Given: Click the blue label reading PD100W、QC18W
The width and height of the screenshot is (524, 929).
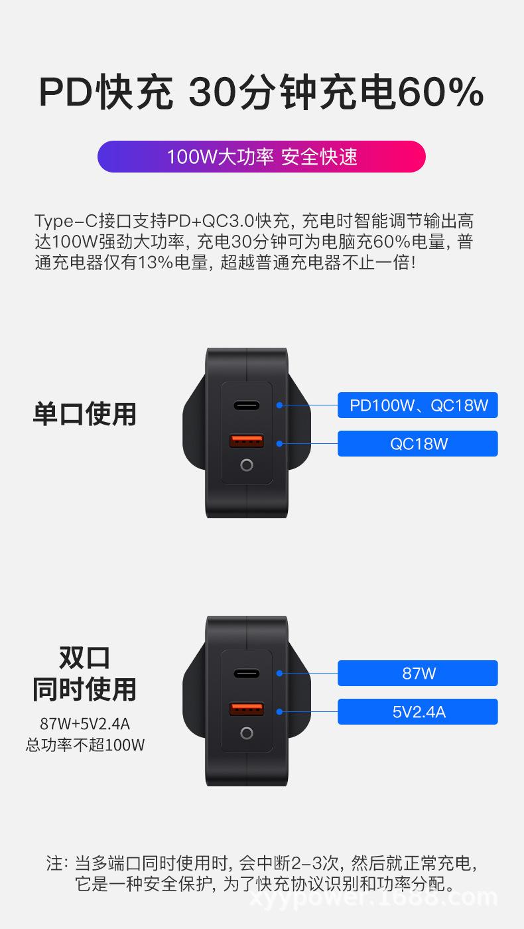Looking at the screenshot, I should pos(418,405).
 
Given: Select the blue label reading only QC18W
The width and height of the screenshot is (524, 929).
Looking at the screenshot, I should pos(418,443).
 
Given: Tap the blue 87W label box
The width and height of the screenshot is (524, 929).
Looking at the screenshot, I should pos(418,673).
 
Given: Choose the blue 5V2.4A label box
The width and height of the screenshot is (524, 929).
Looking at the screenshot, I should pos(418,711).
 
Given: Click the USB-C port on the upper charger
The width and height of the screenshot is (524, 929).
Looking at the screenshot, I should pos(247,405).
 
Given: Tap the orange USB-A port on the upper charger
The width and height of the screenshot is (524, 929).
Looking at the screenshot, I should pos(247,441).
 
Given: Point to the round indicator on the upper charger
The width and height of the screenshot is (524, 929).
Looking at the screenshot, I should pos(247,465).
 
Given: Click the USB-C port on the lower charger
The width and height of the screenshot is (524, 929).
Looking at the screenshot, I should pos(247,673).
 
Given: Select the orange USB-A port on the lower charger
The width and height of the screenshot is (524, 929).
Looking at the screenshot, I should pos(247,709).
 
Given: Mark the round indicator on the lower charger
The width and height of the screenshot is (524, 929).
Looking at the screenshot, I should pos(247,733).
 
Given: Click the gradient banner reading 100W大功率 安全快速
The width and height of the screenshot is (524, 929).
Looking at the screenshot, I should pos(261,157).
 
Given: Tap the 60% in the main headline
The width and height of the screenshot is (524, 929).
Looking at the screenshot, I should pos(440,92).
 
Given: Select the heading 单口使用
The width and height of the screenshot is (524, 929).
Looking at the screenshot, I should pos(84,413).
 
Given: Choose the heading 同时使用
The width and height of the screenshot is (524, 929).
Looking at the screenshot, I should pos(84,689).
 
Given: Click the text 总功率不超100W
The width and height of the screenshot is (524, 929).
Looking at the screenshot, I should pos(84,745).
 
